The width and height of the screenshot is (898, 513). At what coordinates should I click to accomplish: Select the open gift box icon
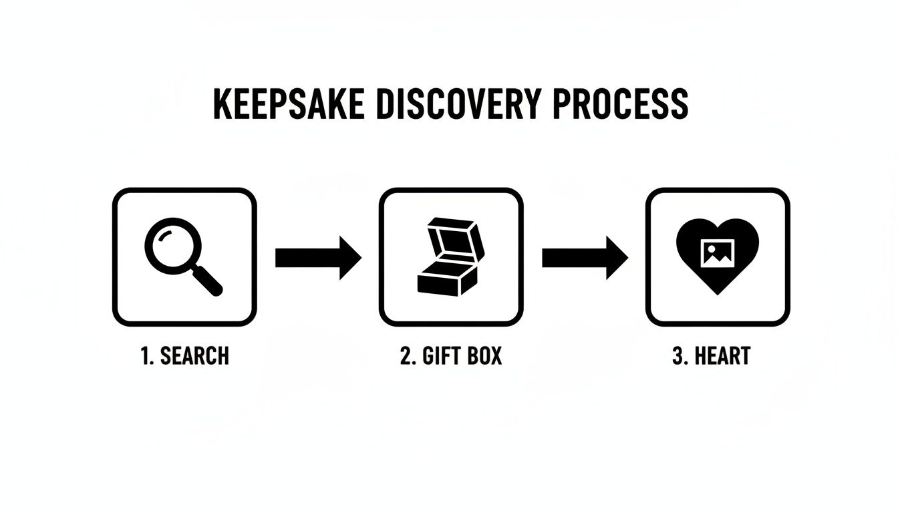(x=450, y=257)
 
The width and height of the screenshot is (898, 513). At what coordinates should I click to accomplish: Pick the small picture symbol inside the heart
(x=717, y=252)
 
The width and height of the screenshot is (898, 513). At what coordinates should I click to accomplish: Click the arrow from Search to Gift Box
(x=317, y=257)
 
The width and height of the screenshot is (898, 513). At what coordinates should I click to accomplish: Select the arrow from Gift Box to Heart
(x=584, y=257)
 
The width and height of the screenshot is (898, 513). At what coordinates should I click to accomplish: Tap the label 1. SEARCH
(x=184, y=356)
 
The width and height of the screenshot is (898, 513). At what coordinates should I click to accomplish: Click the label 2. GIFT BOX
(x=450, y=356)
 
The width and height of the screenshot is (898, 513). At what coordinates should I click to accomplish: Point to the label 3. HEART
(x=711, y=356)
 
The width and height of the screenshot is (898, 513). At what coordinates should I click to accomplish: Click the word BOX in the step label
(x=484, y=356)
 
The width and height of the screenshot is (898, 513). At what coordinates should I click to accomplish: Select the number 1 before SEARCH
(x=145, y=356)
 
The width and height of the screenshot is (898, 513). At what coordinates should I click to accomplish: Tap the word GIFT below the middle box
(x=441, y=356)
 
